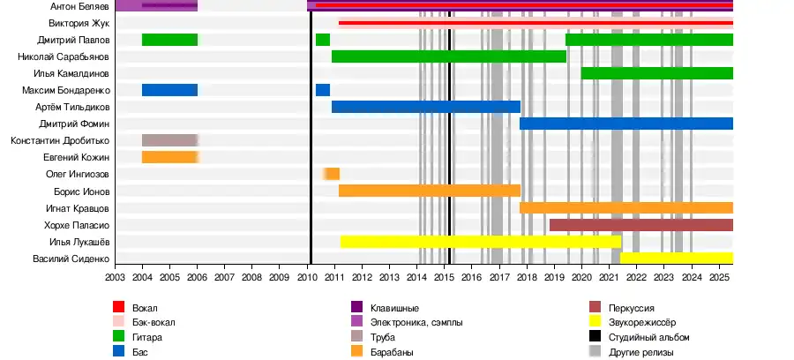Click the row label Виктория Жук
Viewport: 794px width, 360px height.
click(79, 23)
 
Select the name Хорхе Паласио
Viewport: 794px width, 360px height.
click(77, 225)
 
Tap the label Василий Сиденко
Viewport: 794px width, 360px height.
click(71, 259)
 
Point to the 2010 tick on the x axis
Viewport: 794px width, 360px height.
click(307, 277)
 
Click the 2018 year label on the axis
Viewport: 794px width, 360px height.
click(527, 277)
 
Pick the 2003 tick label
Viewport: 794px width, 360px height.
click(115, 277)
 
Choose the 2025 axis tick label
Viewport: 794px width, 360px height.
click(719, 277)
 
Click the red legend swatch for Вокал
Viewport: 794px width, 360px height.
click(119, 307)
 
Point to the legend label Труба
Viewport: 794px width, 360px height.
click(382, 337)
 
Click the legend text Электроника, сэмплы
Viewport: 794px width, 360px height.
click(413, 322)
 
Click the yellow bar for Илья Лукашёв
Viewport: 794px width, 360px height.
click(481, 242)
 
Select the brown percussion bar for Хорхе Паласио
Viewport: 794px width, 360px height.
click(640, 225)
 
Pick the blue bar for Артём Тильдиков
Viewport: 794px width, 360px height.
click(426, 107)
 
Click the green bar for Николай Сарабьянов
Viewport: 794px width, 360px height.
click(449, 56)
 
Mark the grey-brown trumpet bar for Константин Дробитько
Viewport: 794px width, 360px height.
click(169, 140)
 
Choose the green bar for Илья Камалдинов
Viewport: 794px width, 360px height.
click(657, 73)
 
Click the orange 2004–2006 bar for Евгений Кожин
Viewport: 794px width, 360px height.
click(169, 157)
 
